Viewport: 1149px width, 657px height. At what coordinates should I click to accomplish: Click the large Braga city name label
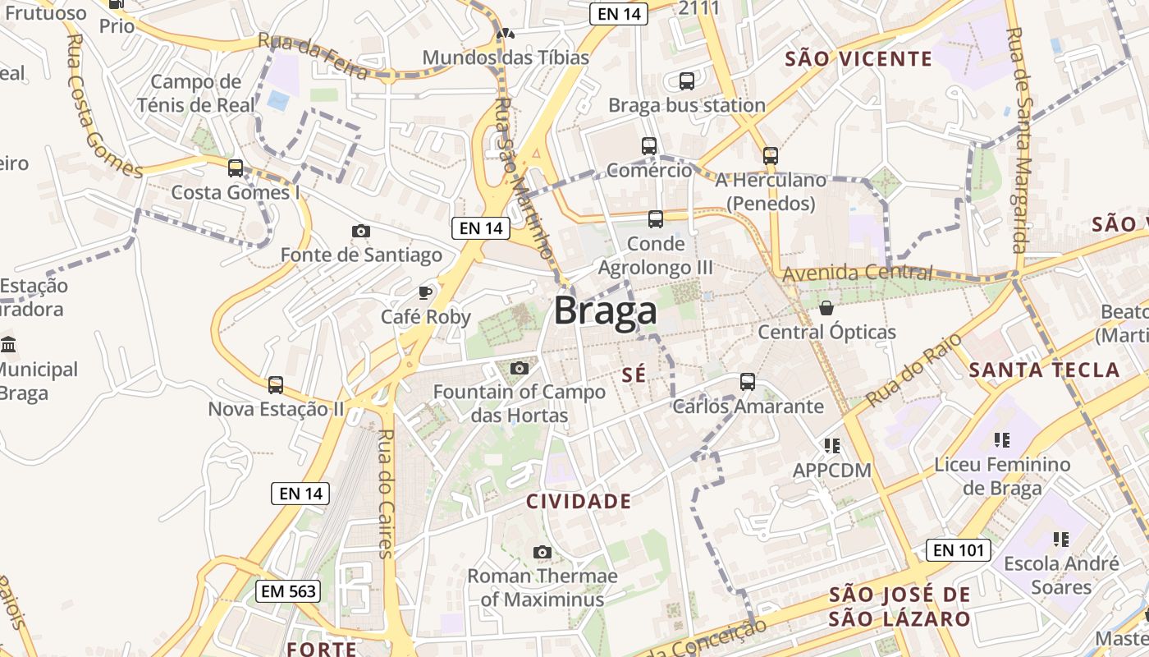pos(606,311)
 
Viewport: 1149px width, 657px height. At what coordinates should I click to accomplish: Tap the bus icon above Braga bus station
pos(687,81)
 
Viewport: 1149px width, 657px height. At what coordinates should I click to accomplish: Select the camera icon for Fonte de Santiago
pos(360,232)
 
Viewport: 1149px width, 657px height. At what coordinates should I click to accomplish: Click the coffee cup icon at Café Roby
pos(425,292)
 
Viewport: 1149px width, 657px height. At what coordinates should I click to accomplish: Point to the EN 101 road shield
pos(958,550)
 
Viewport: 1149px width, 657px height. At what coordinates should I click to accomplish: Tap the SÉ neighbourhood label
pos(634,374)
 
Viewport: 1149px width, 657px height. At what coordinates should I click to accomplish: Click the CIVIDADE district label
pos(579,501)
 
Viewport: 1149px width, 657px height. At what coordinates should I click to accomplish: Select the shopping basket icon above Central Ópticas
pos(826,308)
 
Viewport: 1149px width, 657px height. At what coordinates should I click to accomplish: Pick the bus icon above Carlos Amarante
pos(748,382)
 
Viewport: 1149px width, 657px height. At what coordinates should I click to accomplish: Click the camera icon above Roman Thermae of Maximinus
pos(542,552)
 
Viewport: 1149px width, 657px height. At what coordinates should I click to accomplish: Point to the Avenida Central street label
pos(858,273)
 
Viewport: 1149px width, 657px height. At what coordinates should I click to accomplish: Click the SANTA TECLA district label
pos(1044,370)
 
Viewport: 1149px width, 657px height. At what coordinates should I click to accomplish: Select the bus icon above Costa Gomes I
pos(236,168)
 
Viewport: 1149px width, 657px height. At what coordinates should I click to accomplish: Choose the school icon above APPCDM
pos(832,446)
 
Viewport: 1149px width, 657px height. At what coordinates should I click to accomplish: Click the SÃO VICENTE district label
pos(858,58)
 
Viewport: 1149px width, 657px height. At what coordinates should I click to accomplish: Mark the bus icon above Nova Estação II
pos(276,384)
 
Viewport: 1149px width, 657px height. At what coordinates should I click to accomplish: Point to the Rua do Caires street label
pos(385,493)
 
